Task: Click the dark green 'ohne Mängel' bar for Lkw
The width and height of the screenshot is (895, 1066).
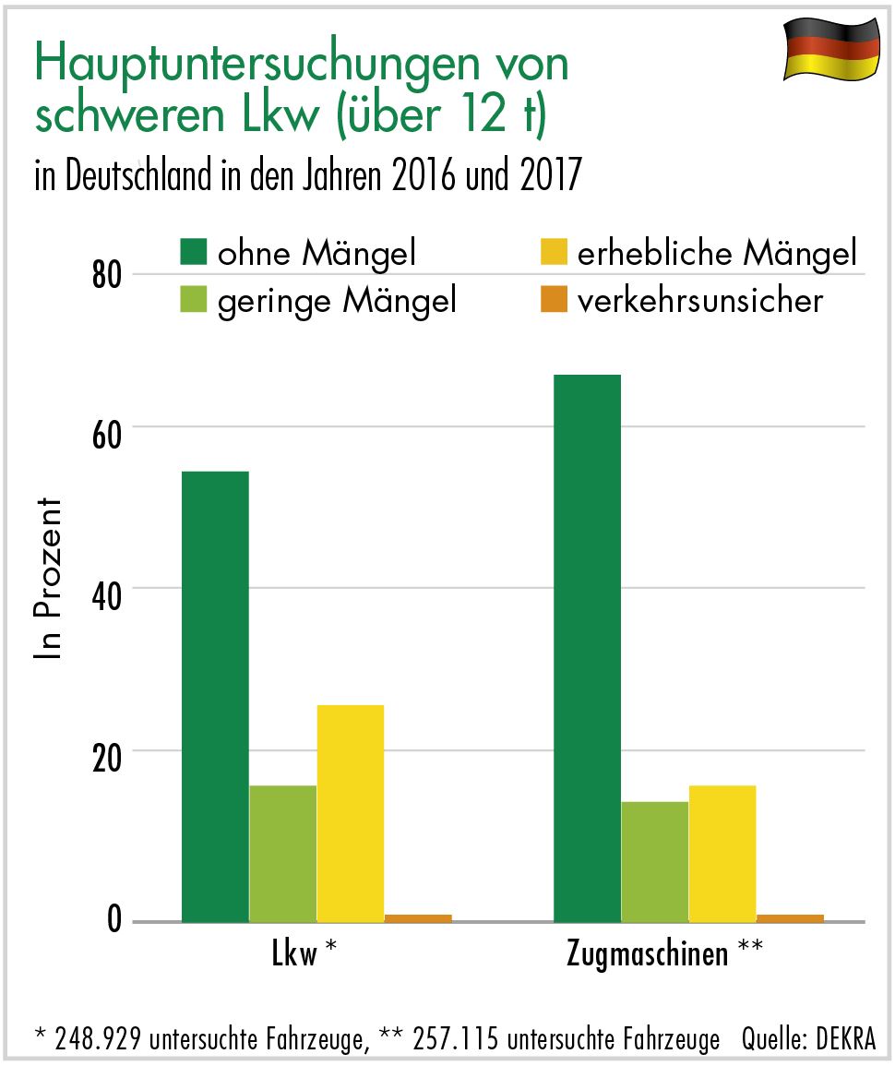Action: tap(215, 696)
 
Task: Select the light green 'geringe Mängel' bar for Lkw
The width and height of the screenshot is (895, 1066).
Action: tap(282, 853)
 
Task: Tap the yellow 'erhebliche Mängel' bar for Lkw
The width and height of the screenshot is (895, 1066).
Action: tap(350, 813)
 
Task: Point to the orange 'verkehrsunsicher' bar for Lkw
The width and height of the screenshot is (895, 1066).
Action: tap(418, 917)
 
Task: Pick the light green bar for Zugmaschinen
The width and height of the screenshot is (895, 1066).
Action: tap(654, 861)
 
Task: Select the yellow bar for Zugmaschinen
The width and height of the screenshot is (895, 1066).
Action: tap(722, 853)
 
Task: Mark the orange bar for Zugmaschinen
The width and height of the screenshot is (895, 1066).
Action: tap(790, 917)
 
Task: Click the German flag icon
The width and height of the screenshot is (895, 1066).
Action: tap(830, 48)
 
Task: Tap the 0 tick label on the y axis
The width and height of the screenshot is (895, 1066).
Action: tap(113, 920)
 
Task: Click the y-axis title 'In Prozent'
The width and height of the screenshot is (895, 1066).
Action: tap(49, 579)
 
